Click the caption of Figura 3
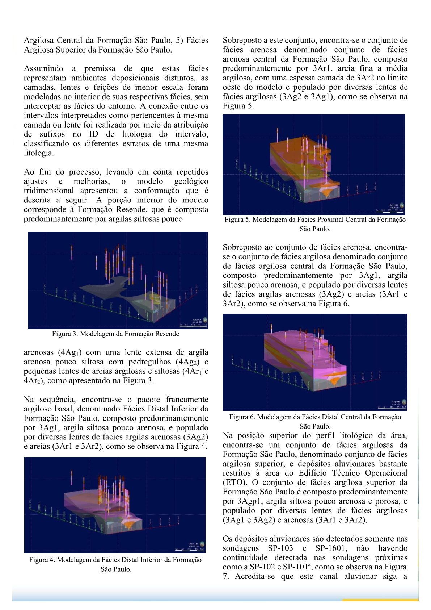[115, 334]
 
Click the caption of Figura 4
[115, 564]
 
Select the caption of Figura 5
[315, 224]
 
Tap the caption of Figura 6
[315, 421]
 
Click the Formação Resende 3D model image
[118, 280]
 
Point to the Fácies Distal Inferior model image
[115, 505]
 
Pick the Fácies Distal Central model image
[315, 362]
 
